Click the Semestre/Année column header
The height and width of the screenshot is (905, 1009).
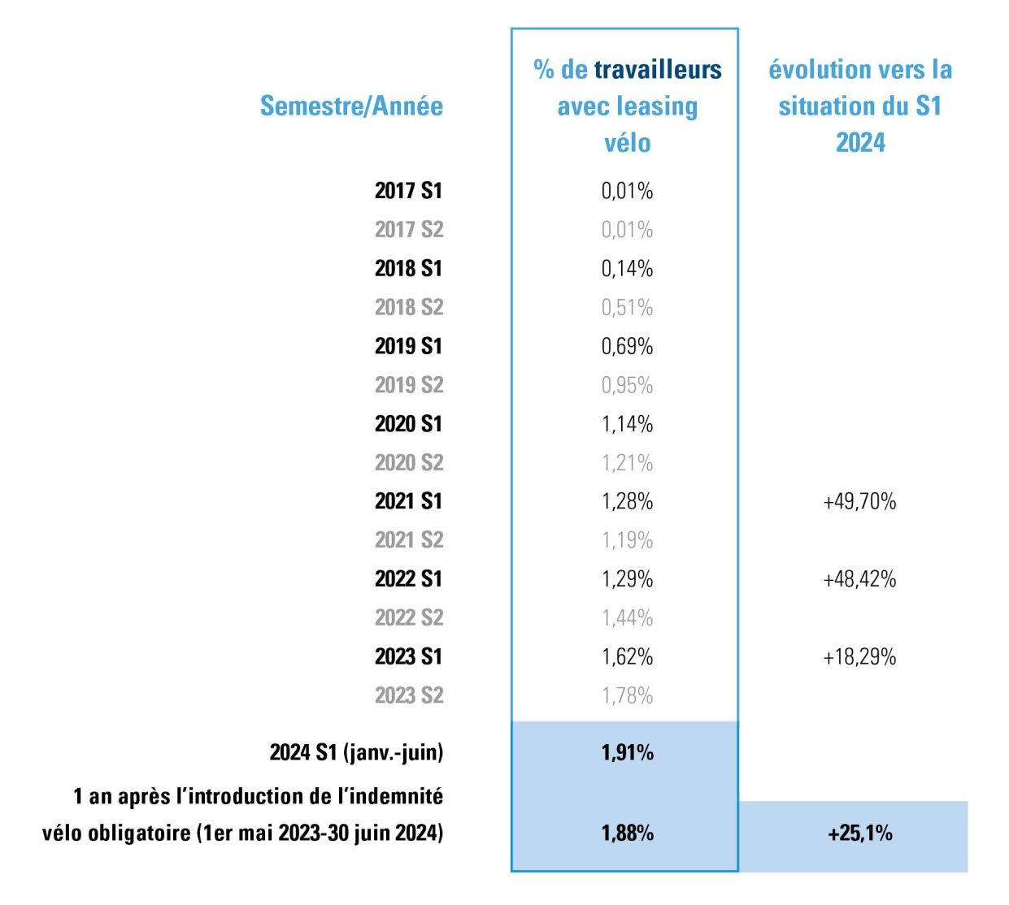click(351, 106)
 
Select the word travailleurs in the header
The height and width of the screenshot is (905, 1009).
click(658, 70)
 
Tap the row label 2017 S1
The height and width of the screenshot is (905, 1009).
click(408, 191)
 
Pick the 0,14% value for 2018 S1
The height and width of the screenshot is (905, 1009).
click(627, 269)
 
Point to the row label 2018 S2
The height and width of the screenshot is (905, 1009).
click(408, 307)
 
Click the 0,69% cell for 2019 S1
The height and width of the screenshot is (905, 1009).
click(627, 346)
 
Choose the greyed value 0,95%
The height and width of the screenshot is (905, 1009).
click(627, 385)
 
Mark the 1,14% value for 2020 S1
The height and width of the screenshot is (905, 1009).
click(627, 424)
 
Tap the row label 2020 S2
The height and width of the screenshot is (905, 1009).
click(408, 463)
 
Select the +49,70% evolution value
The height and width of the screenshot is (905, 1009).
click(859, 502)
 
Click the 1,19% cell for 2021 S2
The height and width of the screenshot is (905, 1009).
click(627, 540)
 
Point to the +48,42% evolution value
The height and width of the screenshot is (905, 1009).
click(859, 579)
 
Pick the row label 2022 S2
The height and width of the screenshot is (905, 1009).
click(408, 618)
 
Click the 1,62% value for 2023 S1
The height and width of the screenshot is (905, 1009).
click(627, 657)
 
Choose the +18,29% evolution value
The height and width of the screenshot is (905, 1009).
click(859, 657)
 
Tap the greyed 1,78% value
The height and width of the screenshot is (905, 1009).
click(627, 696)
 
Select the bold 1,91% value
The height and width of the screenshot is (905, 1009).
click(627, 753)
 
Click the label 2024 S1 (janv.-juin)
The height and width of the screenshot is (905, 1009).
click(356, 753)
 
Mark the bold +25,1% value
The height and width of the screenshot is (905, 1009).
click(859, 834)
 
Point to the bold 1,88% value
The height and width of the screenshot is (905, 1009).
click(627, 834)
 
